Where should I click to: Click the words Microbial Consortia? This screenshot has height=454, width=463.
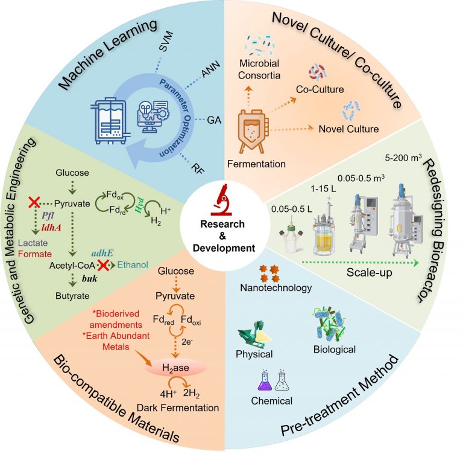pyautogui.click(x=260, y=69)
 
